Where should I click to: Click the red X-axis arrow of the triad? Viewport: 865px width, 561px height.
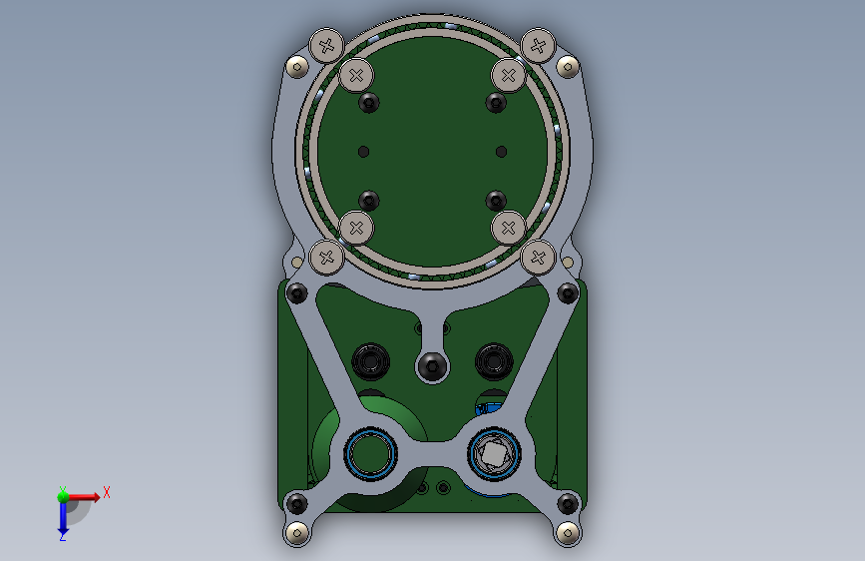[x=83, y=497]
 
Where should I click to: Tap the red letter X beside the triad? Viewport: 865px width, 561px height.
[x=107, y=492]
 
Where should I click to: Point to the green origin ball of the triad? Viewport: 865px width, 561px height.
[x=63, y=497]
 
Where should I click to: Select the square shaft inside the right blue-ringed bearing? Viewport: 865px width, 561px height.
[x=493, y=454]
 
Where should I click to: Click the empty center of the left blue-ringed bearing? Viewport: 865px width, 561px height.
[x=370, y=454]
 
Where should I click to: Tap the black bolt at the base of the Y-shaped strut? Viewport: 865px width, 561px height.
[x=432, y=365]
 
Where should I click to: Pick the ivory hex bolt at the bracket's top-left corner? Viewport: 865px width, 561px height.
[x=298, y=67]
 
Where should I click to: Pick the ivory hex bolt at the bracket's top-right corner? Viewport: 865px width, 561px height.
[x=568, y=67]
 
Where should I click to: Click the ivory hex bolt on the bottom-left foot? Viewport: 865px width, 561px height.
[x=298, y=533]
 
